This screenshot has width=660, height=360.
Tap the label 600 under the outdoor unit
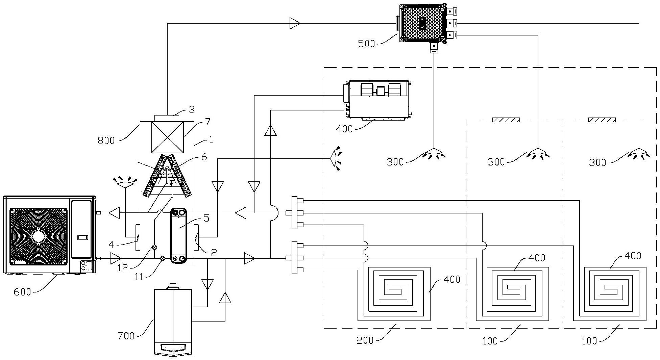tap(22, 291)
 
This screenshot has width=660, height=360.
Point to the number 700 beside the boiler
tap(126, 336)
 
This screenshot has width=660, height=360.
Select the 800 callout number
tap(106, 140)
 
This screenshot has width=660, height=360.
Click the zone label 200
tap(365, 340)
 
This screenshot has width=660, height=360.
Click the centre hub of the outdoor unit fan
tap(38, 236)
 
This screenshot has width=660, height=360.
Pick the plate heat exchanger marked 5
tap(179, 235)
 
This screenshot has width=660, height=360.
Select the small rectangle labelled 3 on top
tap(167, 118)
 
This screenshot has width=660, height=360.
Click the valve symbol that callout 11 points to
tap(162, 259)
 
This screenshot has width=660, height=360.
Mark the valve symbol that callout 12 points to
tap(154, 247)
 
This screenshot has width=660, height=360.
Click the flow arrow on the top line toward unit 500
tap(295, 23)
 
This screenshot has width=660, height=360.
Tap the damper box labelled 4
tap(138, 237)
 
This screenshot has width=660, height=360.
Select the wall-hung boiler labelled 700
tap(173, 319)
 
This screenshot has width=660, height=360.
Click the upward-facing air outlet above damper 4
tap(125, 182)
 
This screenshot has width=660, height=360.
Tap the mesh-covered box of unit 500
tap(422, 23)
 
